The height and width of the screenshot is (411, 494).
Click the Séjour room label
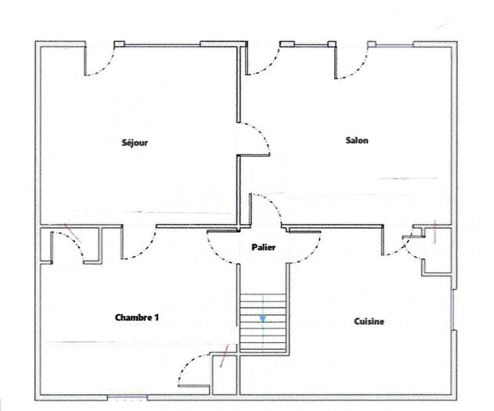point(135,142)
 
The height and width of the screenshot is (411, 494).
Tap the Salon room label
point(357,141)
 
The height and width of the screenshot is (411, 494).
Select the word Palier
point(263,247)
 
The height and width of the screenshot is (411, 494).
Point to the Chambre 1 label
point(137,317)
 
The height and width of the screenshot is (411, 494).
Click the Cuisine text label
point(369,321)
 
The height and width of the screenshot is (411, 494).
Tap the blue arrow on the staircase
point(264,319)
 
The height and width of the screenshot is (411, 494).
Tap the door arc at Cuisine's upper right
point(400,247)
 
